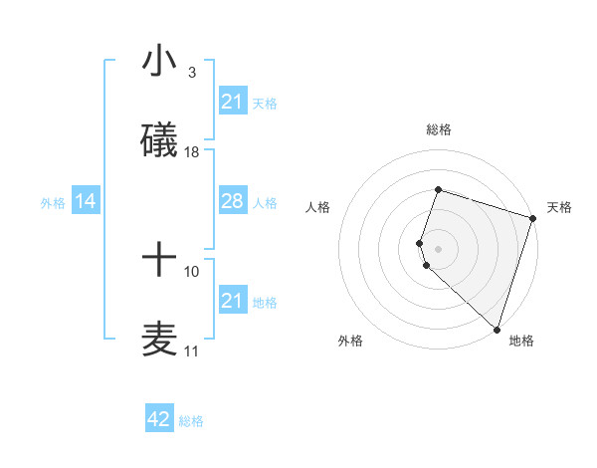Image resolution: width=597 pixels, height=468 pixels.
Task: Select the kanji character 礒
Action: (158, 140)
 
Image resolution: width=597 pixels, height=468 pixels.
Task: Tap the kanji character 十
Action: (158, 260)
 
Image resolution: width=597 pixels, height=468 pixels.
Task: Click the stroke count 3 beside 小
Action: (191, 73)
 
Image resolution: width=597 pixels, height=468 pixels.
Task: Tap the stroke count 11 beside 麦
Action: (192, 351)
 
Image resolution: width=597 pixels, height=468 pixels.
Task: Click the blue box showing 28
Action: (232, 201)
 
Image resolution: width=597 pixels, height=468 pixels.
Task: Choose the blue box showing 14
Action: (86, 202)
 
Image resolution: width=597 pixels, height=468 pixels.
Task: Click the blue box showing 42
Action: (159, 419)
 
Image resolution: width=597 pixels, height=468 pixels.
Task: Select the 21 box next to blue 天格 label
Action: (232, 102)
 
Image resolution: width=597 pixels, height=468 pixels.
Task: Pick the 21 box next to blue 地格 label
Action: (232, 301)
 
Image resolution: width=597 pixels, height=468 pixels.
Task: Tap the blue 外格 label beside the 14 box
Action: (53, 203)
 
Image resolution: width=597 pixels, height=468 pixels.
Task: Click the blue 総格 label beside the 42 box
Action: (191, 421)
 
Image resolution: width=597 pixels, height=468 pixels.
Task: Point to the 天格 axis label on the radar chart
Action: (559, 207)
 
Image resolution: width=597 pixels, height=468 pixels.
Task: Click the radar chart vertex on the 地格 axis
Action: (497, 329)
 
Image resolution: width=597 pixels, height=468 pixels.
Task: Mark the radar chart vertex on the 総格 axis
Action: (438, 189)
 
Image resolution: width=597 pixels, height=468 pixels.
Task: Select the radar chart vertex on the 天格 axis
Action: (532, 218)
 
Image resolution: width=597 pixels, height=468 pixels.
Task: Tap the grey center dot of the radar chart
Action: (438, 248)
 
